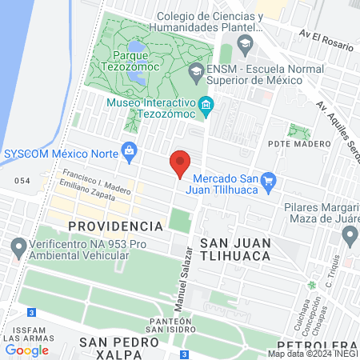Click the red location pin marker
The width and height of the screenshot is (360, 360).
pos(180,163)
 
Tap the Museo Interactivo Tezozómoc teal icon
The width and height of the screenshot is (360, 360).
pos(206,106)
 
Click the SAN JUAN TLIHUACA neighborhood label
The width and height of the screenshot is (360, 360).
pos(235,249)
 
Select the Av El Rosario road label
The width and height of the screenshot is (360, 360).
pos(326,40)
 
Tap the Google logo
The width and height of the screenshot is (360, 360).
pos(26,349)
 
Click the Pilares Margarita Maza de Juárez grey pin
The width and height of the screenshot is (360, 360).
pos(350,235)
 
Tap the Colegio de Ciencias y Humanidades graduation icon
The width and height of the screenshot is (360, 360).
pos(246,42)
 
